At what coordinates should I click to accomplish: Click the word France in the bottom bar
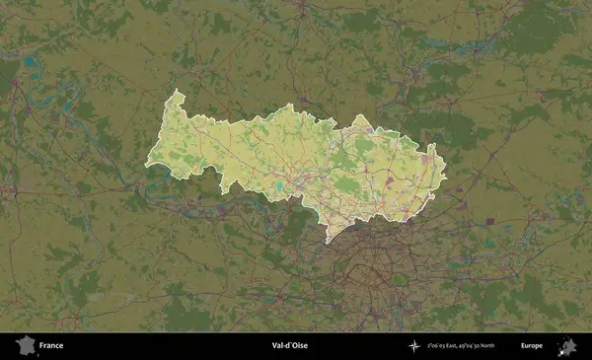point(51,346)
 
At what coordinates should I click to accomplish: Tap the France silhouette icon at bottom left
point(26,345)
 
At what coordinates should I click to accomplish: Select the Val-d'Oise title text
point(289,346)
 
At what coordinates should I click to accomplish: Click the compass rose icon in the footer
point(414,346)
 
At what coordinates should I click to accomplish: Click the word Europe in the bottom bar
point(531,346)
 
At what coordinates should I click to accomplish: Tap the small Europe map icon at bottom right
point(567,346)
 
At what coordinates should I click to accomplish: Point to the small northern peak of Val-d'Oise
point(361,117)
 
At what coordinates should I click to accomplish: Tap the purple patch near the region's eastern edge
point(426,157)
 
